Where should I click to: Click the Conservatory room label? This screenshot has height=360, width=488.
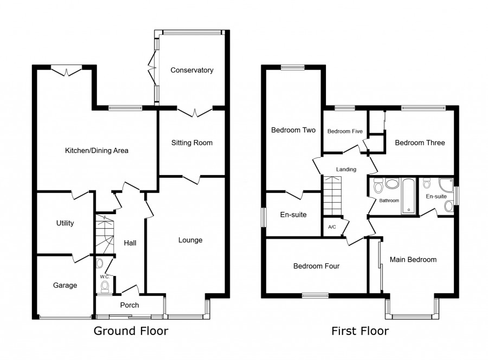192,70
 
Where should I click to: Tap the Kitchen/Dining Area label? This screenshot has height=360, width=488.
97,151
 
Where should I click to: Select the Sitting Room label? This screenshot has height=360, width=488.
192,143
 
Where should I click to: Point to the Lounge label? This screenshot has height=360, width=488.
190,240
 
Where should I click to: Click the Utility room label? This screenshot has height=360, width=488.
65,223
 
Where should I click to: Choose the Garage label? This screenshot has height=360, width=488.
65,285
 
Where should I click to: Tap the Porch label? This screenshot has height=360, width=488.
130,305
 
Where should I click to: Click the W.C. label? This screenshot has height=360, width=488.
105,277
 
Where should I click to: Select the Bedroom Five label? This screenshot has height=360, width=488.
345,131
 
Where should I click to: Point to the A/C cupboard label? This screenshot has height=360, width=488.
332,227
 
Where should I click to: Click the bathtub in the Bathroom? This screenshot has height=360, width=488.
408,196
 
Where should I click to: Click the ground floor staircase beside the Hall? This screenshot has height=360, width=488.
105,234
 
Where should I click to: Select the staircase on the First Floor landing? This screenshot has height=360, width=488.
333,195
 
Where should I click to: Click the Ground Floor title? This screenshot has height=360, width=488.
131,331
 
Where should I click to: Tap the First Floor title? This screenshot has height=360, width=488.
360,331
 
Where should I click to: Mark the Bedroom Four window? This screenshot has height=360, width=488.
315,295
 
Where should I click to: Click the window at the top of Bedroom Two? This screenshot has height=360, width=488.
293,67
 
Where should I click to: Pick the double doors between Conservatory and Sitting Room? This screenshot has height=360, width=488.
195,112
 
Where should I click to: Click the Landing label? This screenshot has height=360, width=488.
346,169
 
